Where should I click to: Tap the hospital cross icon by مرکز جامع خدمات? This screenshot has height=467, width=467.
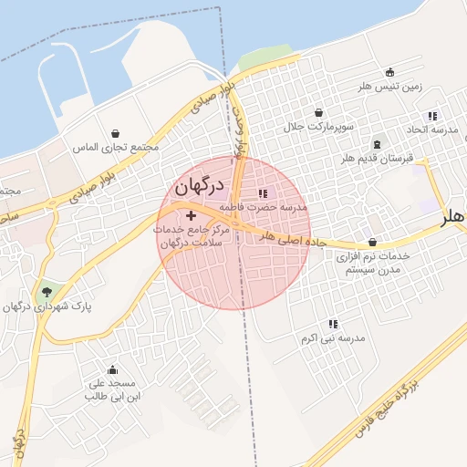point(191,215)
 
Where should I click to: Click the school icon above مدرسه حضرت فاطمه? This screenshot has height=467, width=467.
point(264,193)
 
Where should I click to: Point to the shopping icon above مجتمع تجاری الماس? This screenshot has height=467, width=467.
point(115,133)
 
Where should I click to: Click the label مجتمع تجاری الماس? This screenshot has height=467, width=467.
point(116,146)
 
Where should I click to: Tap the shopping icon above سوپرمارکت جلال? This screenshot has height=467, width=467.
point(318,113)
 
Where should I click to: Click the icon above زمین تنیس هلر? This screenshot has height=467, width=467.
point(390,73)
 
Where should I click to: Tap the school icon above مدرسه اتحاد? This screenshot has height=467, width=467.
point(432,116)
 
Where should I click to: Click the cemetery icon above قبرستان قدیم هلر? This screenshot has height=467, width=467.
point(378,145)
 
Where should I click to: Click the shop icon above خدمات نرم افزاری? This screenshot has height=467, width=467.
point(373,243)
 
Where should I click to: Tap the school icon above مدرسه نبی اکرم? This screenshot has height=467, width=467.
point(333,324)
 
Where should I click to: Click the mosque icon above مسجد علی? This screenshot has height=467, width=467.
point(112,369)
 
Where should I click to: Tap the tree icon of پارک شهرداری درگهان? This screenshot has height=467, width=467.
point(46,292)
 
